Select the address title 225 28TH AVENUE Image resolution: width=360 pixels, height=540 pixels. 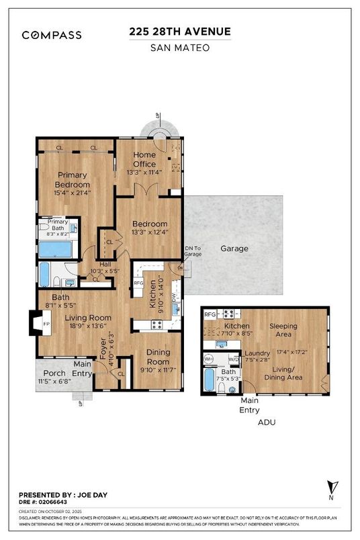(x=180, y=32)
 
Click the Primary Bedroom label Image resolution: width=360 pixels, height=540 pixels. (x=72, y=180)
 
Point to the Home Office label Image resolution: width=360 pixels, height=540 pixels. (x=144, y=160)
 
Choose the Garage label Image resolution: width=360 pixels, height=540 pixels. (x=234, y=249)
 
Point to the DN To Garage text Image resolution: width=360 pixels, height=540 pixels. (x=193, y=252)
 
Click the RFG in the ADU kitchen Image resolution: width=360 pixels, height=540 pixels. (x=210, y=314)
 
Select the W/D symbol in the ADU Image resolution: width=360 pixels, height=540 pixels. (x=233, y=359)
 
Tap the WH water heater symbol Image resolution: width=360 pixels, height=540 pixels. (x=209, y=359)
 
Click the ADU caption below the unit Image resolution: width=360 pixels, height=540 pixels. (x=267, y=423)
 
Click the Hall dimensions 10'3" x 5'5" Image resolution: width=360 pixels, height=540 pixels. (x=105, y=271)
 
